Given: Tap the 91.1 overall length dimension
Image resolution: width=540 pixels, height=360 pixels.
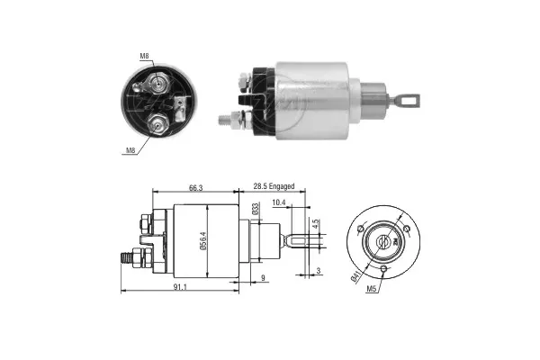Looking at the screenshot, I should (179, 286).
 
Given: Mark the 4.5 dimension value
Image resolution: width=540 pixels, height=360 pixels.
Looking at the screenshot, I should (315, 223).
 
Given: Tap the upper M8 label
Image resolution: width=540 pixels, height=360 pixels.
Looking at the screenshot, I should (144, 57).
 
